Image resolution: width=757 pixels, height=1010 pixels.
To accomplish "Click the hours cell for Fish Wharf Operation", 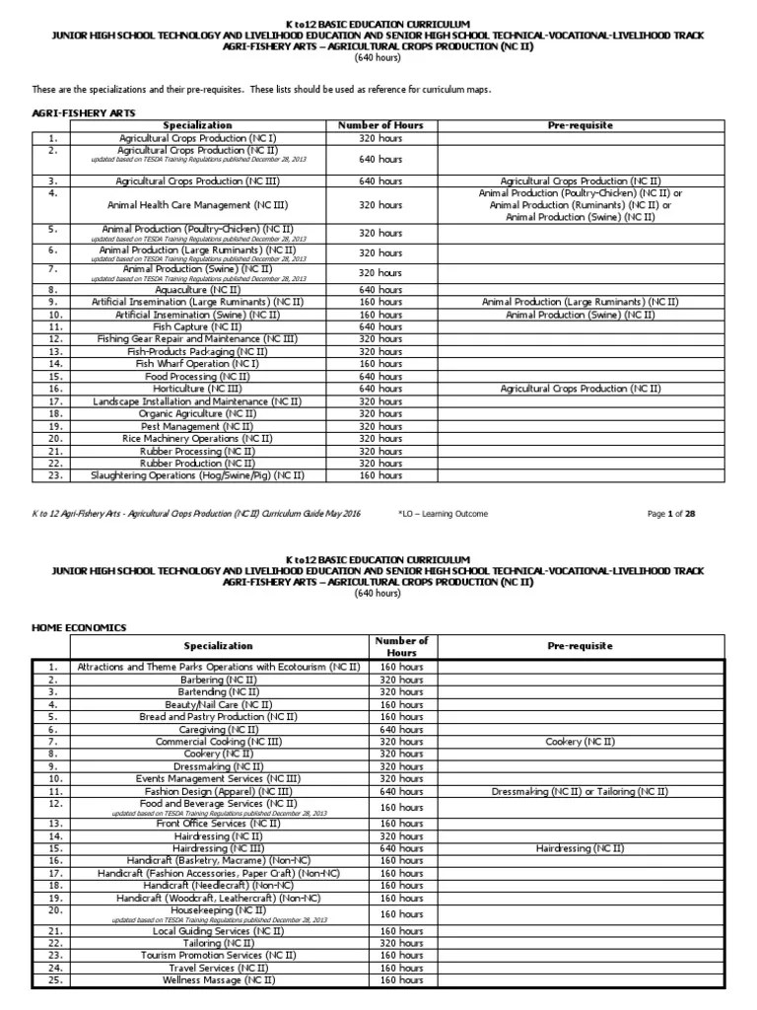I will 380,364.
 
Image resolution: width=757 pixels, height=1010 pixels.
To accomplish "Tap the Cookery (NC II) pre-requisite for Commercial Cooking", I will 579,742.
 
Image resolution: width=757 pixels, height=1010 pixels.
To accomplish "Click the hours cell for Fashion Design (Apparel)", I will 401,791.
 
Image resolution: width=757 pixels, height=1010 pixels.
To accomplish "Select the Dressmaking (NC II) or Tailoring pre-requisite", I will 579,791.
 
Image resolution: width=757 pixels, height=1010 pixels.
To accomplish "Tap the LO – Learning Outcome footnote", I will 443,514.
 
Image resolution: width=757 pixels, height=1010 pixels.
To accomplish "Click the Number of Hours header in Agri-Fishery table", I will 380,126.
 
